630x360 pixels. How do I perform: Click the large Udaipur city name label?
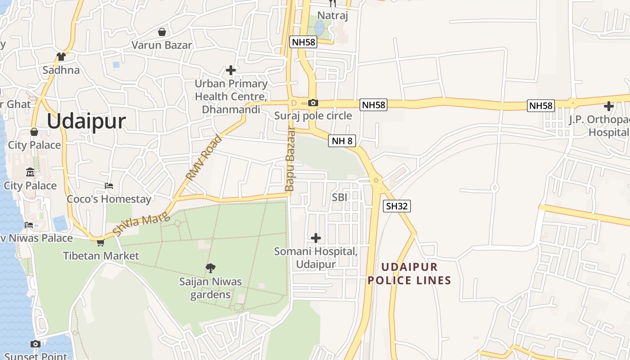86,121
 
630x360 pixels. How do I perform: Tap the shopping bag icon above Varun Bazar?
162,32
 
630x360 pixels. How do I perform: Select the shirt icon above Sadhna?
61,57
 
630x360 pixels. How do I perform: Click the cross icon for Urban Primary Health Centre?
231,70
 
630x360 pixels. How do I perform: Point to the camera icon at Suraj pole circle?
313,103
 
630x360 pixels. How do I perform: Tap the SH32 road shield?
397,206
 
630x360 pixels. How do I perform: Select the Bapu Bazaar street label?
290,158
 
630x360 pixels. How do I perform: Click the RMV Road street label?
204,157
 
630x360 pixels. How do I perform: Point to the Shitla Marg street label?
141,224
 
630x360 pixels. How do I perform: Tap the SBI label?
340,197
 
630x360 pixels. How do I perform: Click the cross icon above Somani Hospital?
316,238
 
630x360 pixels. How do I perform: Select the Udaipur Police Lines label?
409,274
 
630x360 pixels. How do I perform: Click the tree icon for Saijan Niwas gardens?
210,268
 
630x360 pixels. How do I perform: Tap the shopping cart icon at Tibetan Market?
100,243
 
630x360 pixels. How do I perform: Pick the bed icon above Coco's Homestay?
109,185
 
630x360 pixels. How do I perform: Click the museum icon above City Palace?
30,172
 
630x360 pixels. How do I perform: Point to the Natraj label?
333,15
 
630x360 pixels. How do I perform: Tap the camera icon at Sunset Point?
36,344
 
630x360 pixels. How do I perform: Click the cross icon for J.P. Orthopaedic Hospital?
609,106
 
